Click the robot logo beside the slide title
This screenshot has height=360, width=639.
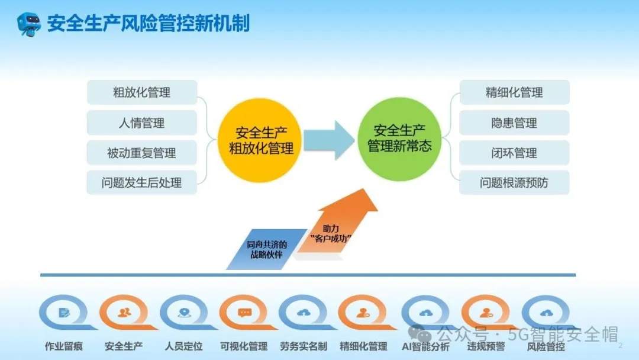click(x=28, y=24)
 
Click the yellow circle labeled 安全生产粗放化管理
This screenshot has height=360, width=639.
click(x=261, y=140)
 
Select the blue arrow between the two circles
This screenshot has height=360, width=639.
click(x=329, y=140)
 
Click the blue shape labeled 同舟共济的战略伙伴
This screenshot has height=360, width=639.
click(x=267, y=249)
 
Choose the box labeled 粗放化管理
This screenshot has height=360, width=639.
click(x=141, y=92)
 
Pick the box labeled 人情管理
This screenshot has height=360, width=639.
click(x=141, y=123)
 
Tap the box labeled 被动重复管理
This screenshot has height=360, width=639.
click(x=141, y=153)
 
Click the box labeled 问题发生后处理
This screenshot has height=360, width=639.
click(x=141, y=183)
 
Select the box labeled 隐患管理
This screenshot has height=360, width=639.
click(x=514, y=123)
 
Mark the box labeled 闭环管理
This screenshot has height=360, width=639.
click(x=514, y=153)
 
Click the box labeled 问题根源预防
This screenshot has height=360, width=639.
click(x=514, y=183)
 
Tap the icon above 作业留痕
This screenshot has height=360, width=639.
click(x=64, y=312)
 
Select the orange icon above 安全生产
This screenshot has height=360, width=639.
click(x=124, y=312)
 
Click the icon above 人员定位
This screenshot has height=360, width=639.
click(x=184, y=312)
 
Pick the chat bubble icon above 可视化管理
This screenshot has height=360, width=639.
click(x=244, y=312)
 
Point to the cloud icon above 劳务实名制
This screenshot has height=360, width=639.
click(x=304, y=312)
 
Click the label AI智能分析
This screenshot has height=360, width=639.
click(x=425, y=346)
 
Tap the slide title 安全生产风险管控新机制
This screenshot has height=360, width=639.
click(x=149, y=24)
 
